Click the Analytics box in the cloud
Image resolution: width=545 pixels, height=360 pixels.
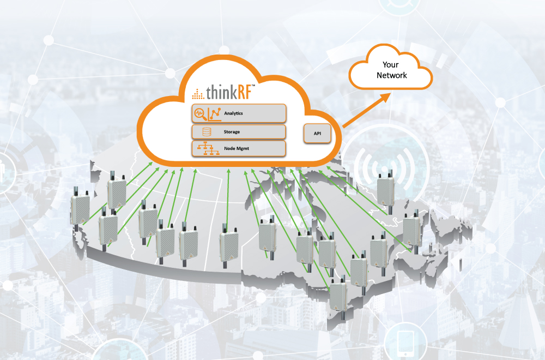click(x=239, y=113)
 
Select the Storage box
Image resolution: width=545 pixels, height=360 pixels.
click(x=239, y=132)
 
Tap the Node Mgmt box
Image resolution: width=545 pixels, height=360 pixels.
click(x=239, y=148)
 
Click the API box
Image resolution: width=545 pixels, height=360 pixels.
click(x=317, y=134)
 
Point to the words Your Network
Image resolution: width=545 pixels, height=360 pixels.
click(x=391, y=70)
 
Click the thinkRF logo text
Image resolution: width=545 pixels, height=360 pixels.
click(x=229, y=93)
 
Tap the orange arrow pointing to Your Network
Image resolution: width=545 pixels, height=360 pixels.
click(x=366, y=111)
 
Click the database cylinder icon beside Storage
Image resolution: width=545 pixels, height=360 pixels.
click(x=207, y=132)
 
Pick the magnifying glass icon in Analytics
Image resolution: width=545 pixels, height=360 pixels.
click(x=200, y=113)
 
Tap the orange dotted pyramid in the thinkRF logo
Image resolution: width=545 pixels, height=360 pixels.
click(x=197, y=94)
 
